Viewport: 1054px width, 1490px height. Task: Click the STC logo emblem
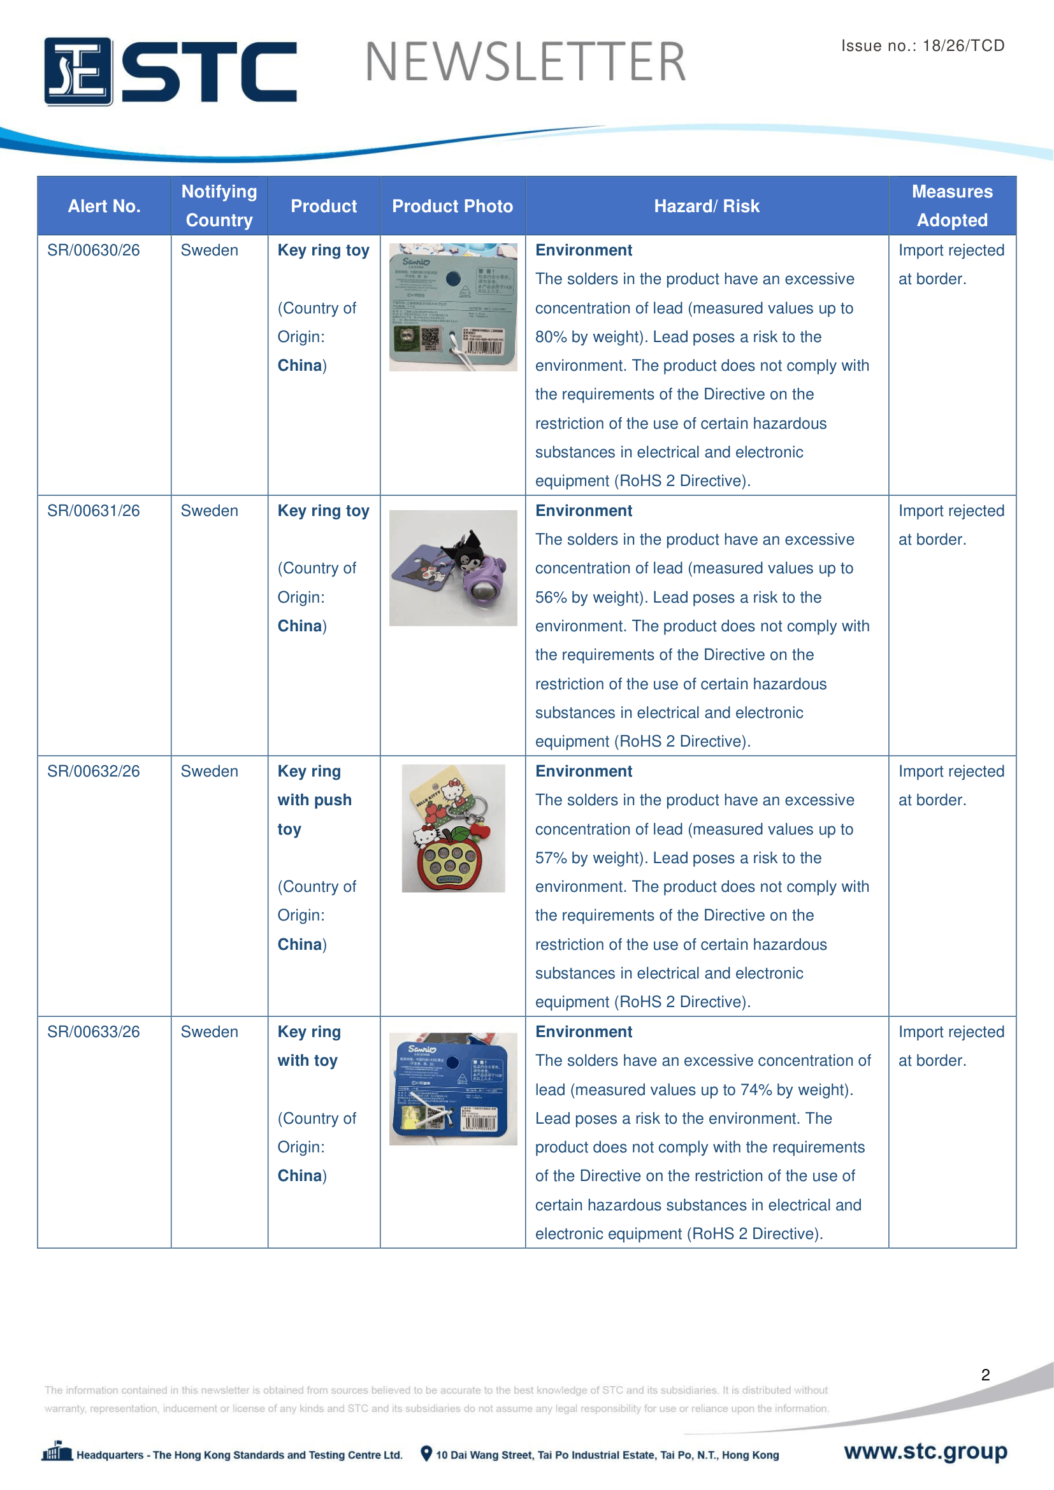point(78,71)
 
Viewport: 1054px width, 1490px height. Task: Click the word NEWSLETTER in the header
point(525,62)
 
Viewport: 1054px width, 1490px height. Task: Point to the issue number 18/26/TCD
point(963,45)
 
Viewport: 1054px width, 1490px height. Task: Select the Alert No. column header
point(104,206)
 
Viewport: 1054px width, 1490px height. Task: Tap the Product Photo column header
point(452,206)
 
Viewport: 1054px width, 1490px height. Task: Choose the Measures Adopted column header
point(951,206)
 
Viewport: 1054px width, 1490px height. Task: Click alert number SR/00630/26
point(94,250)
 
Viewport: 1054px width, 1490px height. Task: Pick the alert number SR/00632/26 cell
point(94,771)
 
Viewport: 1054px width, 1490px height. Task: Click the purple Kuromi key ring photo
point(453,568)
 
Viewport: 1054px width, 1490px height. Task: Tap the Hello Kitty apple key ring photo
point(453,829)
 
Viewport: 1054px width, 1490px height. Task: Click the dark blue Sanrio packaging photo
point(453,1089)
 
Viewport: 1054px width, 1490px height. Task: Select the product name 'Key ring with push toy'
point(314,800)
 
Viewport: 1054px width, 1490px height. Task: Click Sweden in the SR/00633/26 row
point(209,1033)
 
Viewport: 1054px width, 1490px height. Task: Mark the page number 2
point(985,1375)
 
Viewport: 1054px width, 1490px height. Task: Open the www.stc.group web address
point(925,1451)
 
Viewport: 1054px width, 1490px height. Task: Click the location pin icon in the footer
point(426,1454)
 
